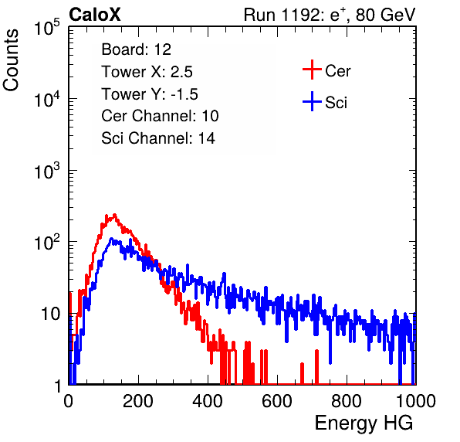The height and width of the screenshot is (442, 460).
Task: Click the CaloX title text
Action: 95,15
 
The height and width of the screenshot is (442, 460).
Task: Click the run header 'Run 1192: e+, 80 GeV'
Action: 330,15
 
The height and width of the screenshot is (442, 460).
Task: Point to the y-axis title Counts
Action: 11,60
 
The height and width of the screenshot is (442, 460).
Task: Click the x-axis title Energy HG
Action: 364,423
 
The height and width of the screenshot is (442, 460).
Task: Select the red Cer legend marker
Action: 312,70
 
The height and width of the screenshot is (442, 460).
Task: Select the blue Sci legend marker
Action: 312,101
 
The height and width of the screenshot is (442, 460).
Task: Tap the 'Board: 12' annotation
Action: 136,49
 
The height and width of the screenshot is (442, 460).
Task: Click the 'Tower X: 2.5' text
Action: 147,72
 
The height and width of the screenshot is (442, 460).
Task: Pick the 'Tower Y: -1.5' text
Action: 150,94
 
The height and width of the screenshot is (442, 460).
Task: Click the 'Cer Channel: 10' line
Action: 160,116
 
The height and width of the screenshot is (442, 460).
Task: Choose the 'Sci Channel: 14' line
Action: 158,138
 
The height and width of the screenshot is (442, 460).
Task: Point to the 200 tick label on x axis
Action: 138,401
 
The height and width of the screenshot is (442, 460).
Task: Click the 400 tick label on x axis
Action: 208,401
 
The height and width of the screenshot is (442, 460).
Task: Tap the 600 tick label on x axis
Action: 277,401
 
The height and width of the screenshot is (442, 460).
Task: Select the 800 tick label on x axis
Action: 347,401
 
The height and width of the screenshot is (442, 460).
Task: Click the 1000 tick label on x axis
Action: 416,401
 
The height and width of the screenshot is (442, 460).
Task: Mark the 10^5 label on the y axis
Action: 47,27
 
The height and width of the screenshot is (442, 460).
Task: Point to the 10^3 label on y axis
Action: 47,170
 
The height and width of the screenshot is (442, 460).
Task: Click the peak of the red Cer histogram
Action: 114,215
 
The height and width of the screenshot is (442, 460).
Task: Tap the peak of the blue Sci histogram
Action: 111,239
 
